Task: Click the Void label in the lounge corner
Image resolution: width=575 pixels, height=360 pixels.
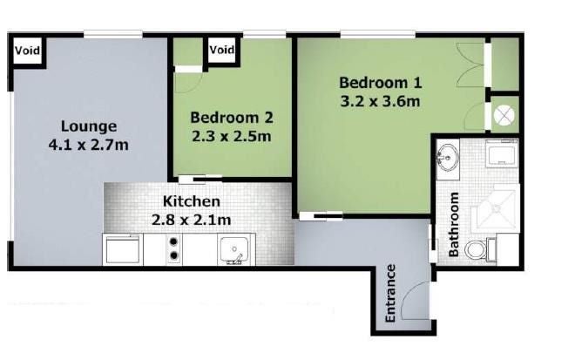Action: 27,50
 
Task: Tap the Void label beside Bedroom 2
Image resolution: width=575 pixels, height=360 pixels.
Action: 222,49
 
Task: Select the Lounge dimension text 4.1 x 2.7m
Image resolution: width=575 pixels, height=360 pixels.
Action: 88,145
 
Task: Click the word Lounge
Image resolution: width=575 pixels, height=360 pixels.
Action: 89,126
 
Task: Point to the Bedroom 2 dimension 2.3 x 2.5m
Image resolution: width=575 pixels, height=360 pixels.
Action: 232,137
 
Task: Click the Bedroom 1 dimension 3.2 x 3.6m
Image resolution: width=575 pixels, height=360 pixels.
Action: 380,101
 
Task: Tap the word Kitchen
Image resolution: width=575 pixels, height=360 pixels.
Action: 192,201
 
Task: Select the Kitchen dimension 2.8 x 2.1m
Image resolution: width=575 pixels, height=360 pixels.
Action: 192,220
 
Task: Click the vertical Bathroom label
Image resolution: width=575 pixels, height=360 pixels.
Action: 454,224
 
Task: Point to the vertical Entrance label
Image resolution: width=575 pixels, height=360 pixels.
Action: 390,293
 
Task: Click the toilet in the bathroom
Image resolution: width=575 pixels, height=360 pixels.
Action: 480,250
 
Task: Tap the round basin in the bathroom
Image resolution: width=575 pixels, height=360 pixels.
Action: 448,158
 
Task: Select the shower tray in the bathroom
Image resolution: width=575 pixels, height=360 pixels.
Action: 496,208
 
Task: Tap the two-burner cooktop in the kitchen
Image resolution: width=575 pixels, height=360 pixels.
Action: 173,248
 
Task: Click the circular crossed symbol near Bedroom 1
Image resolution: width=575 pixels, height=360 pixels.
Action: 504,116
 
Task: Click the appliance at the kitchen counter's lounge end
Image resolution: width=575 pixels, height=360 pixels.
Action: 123,249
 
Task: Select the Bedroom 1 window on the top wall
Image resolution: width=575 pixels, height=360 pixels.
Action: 378,35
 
